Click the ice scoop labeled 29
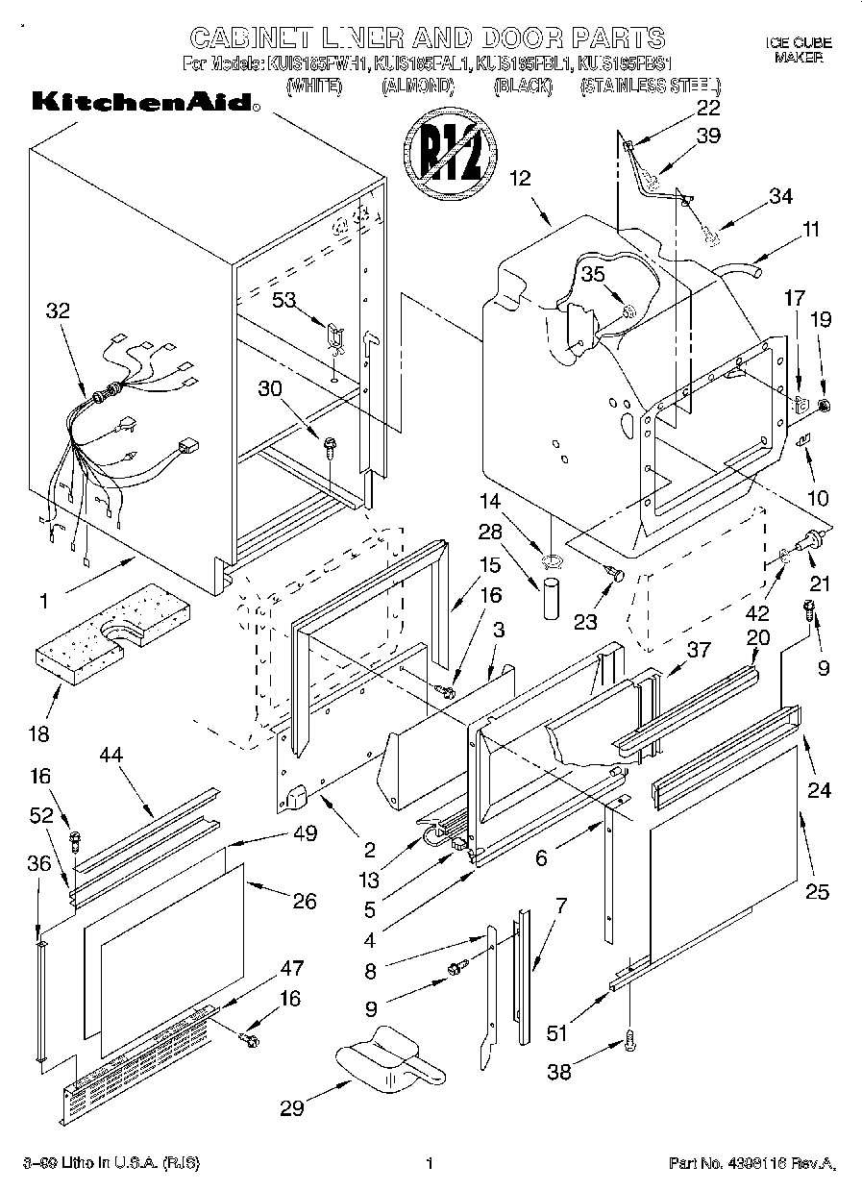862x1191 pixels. click(389, 1060)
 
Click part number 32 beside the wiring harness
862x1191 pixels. click(58, 310)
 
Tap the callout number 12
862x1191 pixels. click(520, 177)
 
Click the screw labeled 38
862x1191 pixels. click(631, 1038)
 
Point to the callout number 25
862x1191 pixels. click(816, 891)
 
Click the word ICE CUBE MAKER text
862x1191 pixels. click(798, 50)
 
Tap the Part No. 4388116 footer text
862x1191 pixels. click(752, 1163)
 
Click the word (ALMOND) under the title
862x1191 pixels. click(417, 86)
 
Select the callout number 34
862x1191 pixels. click(780, 196)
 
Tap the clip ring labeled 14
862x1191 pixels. click(552, 558)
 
